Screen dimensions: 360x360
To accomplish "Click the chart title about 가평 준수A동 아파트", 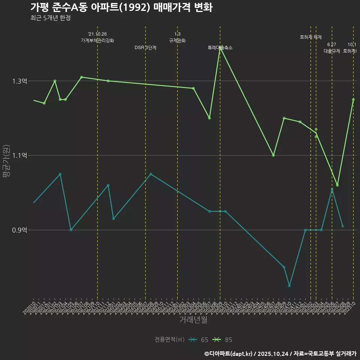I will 121,7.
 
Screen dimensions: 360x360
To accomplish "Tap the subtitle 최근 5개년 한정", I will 51,18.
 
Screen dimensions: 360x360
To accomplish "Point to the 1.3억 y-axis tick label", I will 19,81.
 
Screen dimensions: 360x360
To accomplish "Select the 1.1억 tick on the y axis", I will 19,156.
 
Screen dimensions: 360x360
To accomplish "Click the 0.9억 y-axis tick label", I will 19,230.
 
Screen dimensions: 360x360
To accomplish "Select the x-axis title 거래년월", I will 193,320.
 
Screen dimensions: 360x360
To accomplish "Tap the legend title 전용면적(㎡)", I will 169,340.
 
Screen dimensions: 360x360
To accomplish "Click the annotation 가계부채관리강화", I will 97,40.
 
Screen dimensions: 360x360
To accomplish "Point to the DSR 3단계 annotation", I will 145,48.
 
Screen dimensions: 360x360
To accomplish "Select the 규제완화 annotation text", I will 177,40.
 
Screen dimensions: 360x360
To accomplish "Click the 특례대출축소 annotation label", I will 220,48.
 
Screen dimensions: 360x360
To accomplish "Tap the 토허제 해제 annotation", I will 311,37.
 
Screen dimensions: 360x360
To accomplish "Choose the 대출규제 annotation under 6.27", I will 332,51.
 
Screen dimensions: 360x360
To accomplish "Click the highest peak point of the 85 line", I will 220,48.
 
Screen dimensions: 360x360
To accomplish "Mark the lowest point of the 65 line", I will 289,286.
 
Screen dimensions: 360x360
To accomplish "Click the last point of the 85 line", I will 353,99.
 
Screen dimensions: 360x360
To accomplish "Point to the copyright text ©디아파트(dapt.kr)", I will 228,354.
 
